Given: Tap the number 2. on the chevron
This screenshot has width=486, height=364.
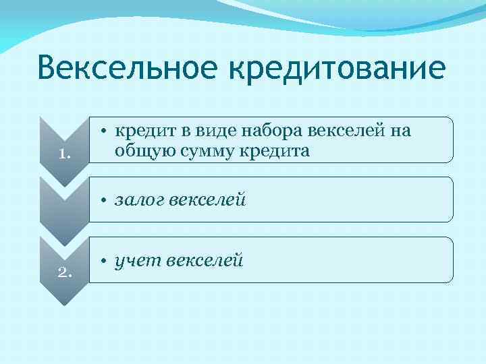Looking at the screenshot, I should [x=65, y=273].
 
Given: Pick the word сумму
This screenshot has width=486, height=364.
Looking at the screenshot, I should [x=202, y=150].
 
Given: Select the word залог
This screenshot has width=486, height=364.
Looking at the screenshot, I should [x=138, y=200].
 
